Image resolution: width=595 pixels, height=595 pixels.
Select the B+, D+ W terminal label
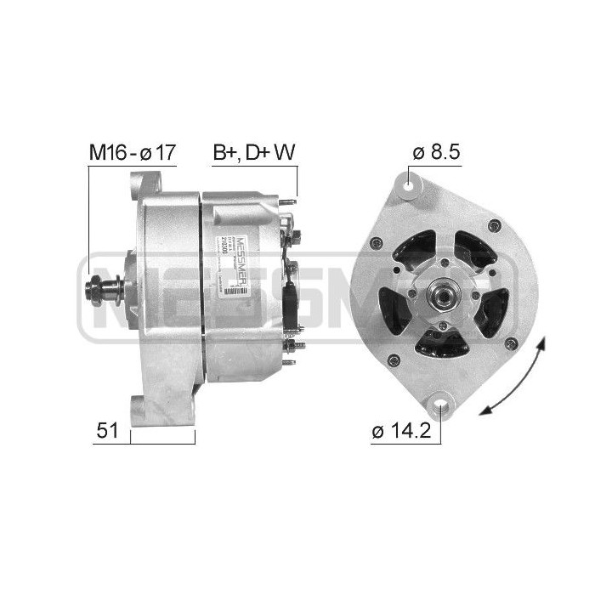coord(253,153)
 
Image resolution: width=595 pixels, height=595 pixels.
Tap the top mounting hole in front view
coord(411,182)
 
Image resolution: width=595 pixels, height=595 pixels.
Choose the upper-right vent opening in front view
coord(473,248)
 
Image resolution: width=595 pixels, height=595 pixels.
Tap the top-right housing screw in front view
coord(495,226)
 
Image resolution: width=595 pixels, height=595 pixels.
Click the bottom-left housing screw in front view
coord(393,360)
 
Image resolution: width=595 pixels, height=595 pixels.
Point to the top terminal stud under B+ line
coord(292,203)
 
